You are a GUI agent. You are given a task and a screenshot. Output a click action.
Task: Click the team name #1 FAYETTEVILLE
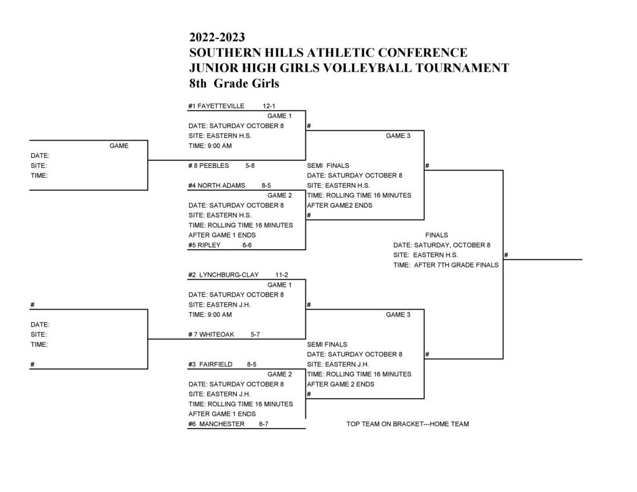click(216, 106)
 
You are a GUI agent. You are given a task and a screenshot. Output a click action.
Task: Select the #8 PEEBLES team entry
click(208, 165)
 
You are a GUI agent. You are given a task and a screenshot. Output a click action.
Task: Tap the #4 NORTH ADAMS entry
click(216, 185)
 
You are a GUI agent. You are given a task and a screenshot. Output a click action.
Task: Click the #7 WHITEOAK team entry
click(212, 334)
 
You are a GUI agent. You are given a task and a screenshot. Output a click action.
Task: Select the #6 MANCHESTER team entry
click(216, 424)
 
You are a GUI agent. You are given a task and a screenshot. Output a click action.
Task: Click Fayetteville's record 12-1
click(269, 106)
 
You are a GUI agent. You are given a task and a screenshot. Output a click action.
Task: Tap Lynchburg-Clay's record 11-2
click(282, 274)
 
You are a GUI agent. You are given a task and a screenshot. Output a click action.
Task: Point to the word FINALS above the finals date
click(437, 235)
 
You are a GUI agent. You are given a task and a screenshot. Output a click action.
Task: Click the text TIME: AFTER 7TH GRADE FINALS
click(446, 265)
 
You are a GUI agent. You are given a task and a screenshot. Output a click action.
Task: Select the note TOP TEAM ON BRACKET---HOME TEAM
click(407, 424)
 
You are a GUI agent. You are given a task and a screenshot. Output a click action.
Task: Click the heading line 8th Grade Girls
click(235, 83)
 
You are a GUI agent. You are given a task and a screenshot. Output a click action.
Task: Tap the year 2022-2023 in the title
click(217, 38)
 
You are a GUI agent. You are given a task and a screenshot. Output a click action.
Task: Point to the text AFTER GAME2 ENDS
click(340, 205)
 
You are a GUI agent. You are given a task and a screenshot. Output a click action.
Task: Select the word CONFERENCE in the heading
click(422, 53)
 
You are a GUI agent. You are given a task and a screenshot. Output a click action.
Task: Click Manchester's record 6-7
click(264, 424)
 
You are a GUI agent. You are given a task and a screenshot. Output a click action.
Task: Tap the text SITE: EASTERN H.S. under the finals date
click(425, 255)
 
